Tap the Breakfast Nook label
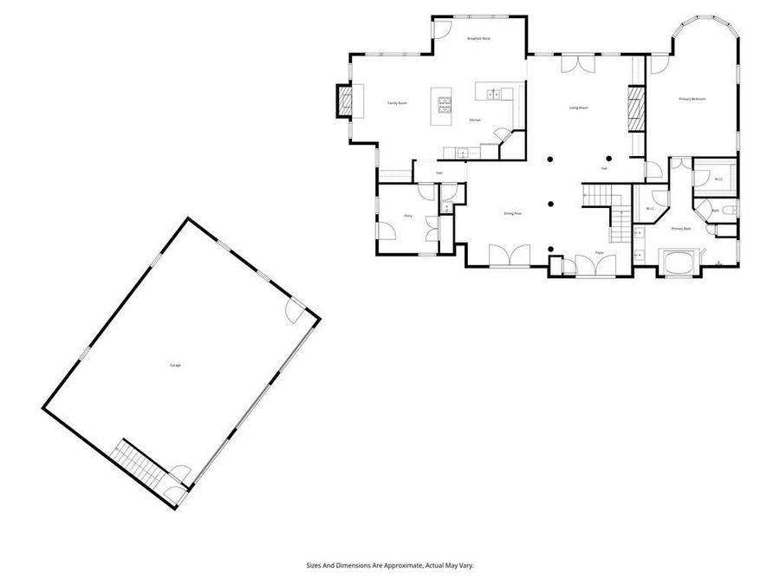coord(478,39)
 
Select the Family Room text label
coord(397,103)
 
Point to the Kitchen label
coord(475,120)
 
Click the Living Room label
coord(578,107)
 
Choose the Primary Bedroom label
coord(692,100)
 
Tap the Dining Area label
coord(512,213)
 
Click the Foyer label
coord(598,252)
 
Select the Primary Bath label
coord(681,229)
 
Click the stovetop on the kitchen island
coord(446,105)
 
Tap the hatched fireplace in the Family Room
coord(344,101)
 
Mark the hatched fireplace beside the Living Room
coord(636,107)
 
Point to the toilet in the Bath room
coord(729,210)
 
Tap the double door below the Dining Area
coord(510,257)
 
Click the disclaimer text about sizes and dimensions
coord(390,565)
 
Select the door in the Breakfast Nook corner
coord(441,28)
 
